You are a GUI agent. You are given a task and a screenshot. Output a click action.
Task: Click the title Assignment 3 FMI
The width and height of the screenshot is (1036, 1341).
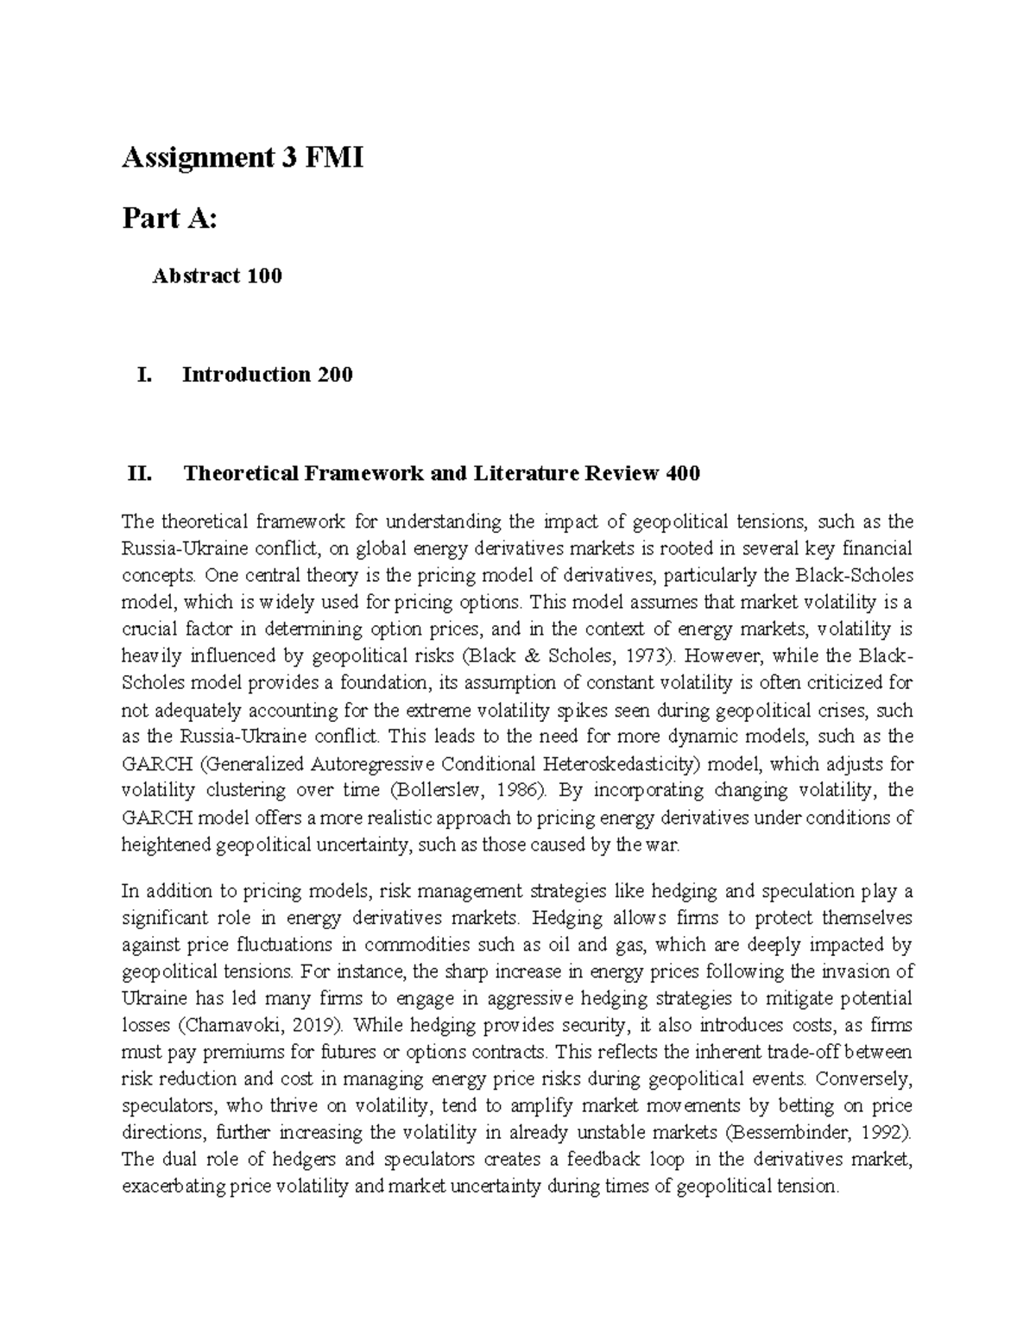pyautogui.click(x=243, y=159)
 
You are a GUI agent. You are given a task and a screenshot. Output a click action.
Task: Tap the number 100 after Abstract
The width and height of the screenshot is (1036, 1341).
pyautogui.click(x=264, y=276)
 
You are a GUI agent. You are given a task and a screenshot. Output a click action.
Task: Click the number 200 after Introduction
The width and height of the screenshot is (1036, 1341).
pyautogui.click(x=334, y=375)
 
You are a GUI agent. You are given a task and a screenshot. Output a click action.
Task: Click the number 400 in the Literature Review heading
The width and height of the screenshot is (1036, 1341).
pyautogui.click(x=683, y=473)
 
